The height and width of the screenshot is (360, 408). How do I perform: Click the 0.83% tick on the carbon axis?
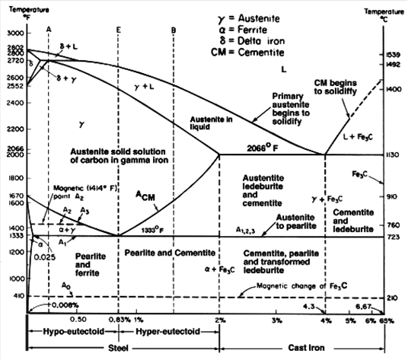pyautogui.click(x=122, y=320)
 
